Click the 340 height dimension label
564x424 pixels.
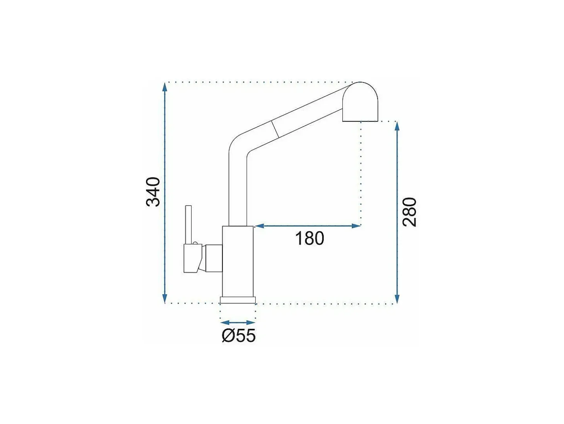(153, 191)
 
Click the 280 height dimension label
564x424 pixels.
(409, 212)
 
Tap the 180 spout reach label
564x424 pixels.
(309, 238)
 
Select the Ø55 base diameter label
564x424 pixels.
(239, 335)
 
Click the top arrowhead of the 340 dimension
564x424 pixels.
(165, 87)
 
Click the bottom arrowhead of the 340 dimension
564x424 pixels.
(165, 298)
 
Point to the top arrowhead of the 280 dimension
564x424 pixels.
(397, 127)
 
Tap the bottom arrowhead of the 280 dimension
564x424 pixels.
(397, 298)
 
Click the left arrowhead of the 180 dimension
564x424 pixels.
(260, 226)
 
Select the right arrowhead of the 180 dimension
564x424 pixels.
(356, 226)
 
